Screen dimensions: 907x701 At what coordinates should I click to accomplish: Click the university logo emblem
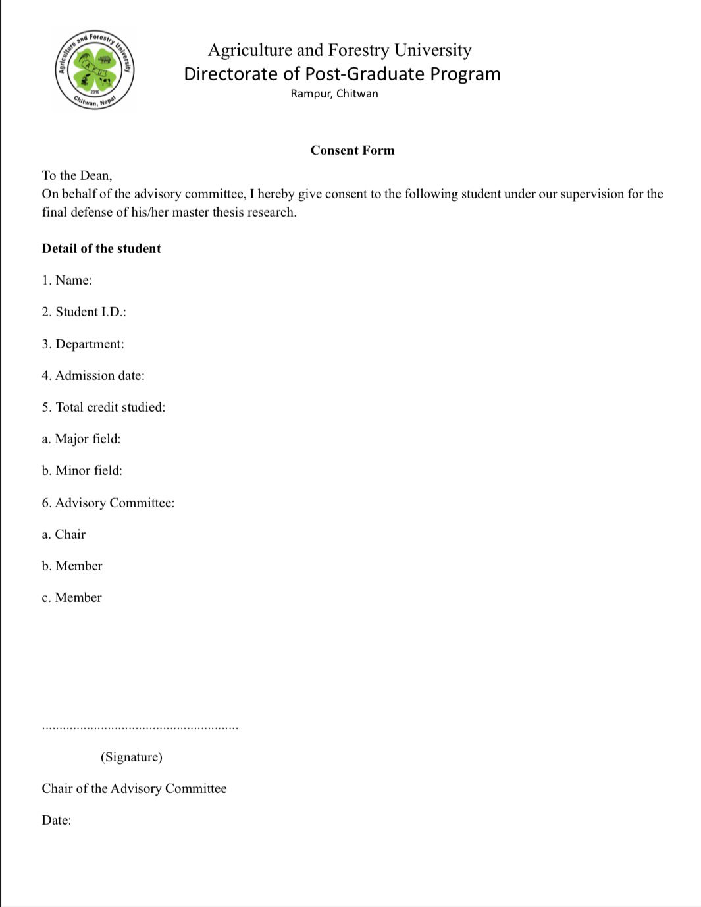click(95, 70)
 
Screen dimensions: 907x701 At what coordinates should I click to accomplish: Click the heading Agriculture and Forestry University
click(340, 50)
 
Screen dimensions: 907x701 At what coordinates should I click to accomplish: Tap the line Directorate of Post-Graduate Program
click(342, 74)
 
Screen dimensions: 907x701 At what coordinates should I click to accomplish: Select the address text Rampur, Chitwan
click(334, 94)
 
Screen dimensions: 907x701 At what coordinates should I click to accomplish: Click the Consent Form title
click(352, 150)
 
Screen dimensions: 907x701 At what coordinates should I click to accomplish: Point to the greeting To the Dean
click(77, 175)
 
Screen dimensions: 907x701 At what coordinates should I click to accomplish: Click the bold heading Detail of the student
click(101, 248)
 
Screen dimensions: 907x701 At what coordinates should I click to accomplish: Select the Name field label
click(67, 280)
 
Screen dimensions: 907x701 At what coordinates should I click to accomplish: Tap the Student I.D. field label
click(84, 312)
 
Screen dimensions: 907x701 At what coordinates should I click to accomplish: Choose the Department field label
click(83, 344)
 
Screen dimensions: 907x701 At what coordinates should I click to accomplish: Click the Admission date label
click(93, 375)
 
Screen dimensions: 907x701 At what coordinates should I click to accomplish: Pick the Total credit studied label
click(103, 407)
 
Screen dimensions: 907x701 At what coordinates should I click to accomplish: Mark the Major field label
click(81, 439)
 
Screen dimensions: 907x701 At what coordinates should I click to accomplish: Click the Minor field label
click(82, 470)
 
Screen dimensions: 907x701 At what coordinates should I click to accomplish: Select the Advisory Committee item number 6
click(108, 503)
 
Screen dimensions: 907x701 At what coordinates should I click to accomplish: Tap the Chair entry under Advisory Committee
click(64, 534)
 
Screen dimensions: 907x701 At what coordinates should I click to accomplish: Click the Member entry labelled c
click(72, 597)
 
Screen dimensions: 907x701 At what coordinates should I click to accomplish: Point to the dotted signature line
click(140, 728)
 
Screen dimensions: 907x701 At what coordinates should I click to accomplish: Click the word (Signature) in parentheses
click(132, 757)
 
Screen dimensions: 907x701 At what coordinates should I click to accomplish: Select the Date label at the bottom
click(57, 820)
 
